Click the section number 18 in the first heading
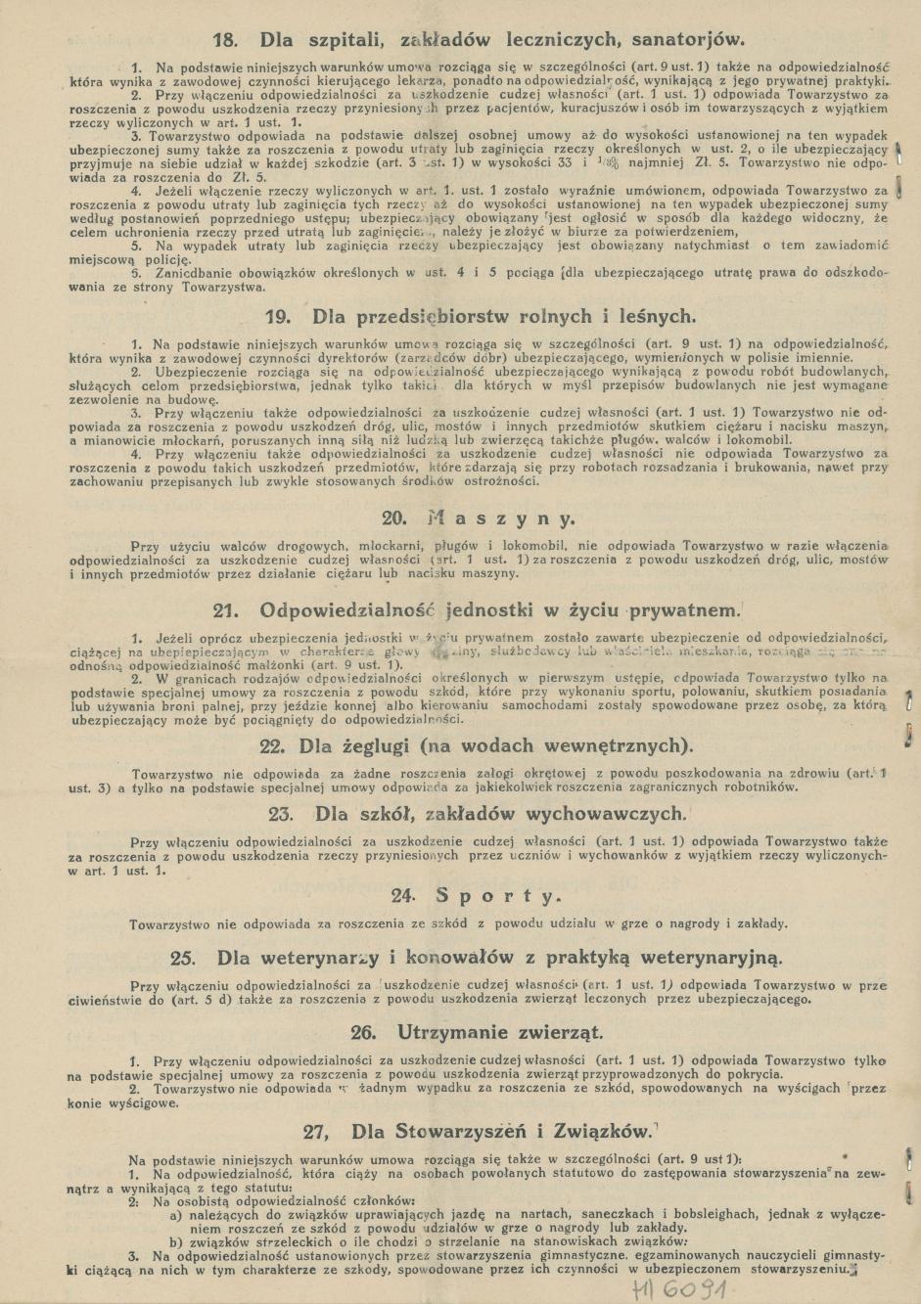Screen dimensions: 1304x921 click(226, 40)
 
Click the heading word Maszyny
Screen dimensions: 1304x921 click(500, 518)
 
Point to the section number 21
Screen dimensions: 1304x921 click(227, 610)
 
